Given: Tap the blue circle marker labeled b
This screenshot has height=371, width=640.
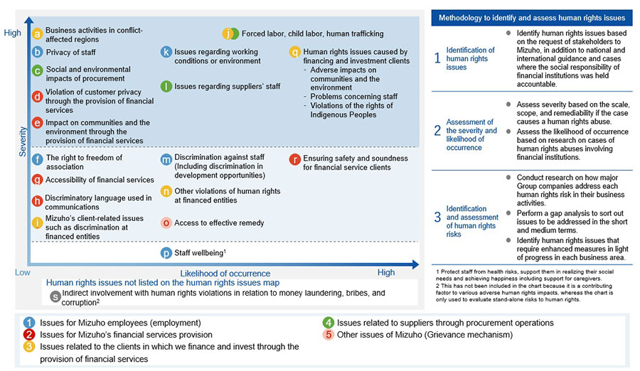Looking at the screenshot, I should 38,52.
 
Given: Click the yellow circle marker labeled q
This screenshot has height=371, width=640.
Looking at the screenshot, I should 294,52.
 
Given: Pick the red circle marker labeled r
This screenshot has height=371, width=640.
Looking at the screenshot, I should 294,158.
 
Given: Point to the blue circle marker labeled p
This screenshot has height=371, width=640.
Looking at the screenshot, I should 166,252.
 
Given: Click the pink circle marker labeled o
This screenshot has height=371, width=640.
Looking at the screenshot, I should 166,222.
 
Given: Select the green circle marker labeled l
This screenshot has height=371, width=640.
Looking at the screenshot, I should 166,87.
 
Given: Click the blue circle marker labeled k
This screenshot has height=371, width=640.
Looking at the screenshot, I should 166,52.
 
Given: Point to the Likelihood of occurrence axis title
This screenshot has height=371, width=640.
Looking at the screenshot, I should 225,273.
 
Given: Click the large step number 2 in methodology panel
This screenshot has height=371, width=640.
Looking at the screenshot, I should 438,131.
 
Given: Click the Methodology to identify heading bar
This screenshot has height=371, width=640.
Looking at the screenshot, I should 531,17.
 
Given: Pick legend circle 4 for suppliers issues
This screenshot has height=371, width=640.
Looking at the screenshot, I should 329,323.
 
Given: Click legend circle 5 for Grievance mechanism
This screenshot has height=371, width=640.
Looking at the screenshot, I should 329,335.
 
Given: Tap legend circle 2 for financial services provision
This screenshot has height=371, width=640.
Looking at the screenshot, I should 30,335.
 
